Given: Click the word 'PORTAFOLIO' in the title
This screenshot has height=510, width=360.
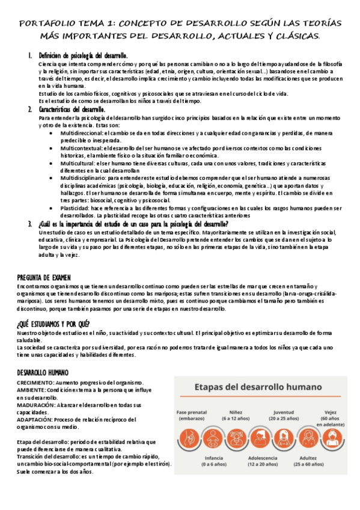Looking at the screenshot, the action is point(44,23).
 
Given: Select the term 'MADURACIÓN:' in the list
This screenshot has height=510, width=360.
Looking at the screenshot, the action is point(34,406).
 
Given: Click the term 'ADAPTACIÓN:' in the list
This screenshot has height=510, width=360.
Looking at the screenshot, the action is point(33,420).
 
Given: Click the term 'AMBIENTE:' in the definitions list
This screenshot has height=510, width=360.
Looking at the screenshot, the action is point(30,390).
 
